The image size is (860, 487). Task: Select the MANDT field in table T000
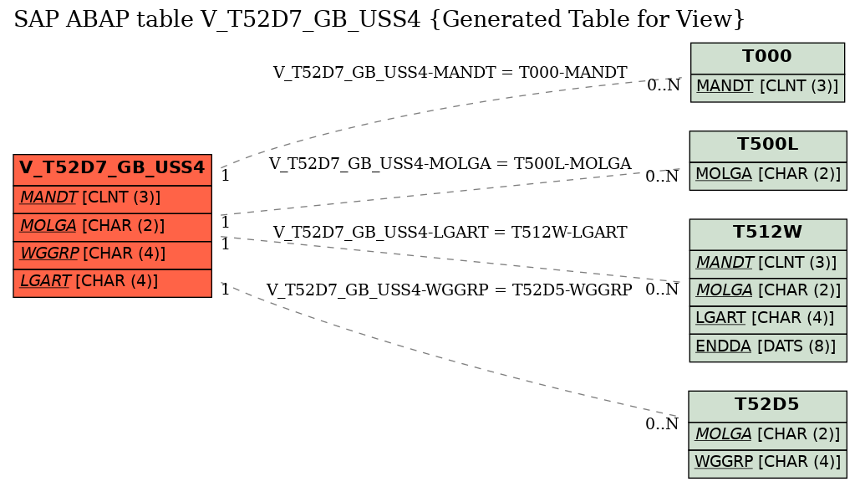pos(767,87)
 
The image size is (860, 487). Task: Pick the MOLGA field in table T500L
pos(768,175)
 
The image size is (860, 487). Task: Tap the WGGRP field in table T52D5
pos(767,463)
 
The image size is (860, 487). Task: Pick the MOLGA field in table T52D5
pos(767,435)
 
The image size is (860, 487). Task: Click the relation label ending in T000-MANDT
pos(450,73)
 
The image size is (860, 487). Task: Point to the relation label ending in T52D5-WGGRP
pos(449,290)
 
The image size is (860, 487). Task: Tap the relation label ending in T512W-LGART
pos(450,233)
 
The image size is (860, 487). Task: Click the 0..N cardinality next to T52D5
pos(662,424)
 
